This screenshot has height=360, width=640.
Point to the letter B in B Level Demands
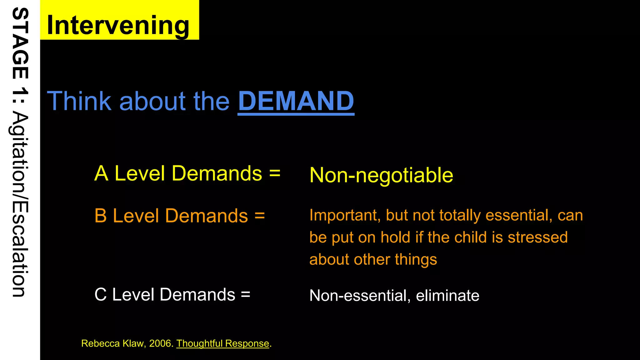(101, 216)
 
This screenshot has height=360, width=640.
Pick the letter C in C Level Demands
(101, 295)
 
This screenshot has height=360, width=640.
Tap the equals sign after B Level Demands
(259, 216)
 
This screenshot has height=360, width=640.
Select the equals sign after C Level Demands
(246, 295)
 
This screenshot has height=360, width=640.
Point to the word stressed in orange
(537, 237)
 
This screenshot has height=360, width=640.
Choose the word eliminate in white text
(447, 295)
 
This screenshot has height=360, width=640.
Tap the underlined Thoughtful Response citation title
(222, 343)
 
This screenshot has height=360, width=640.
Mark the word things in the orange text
(416, 259)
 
